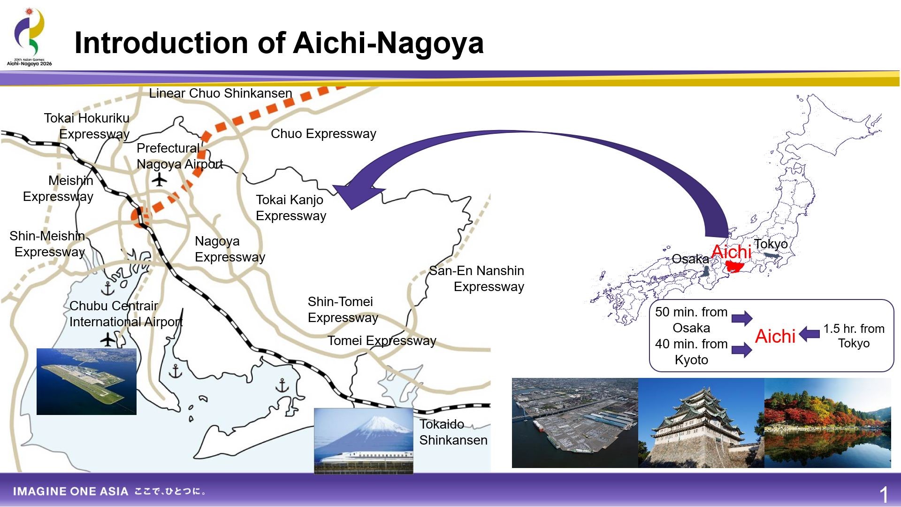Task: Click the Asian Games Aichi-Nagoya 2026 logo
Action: tap(30, 37)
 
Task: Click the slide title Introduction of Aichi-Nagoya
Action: tap(279, 43)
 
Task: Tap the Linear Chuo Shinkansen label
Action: tap(221, 93)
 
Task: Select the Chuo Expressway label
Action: tap(323, 134)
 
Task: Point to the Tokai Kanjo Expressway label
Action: tap(291, 207)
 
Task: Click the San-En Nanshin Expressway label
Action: tap(476, 278)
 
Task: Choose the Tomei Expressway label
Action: tap(382, 341)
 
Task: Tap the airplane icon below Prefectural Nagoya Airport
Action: tap(160, 179)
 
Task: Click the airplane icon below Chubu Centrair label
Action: tap(108, 339)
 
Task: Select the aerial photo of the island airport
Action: tap(86, 382)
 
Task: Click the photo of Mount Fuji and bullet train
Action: tap(364, 441)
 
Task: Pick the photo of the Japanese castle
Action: tap(701, 423)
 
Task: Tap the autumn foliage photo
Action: tap(827, 423)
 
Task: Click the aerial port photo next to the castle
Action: tap(575, 423)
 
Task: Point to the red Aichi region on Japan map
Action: tap(733, 267)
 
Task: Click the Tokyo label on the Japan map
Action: tap(771, 244)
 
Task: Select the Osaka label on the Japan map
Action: tap(690, 259)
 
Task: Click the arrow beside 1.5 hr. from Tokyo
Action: tap(809, 334)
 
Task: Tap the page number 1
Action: tap(884, 495)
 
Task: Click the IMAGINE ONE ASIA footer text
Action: tap(70, 492)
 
